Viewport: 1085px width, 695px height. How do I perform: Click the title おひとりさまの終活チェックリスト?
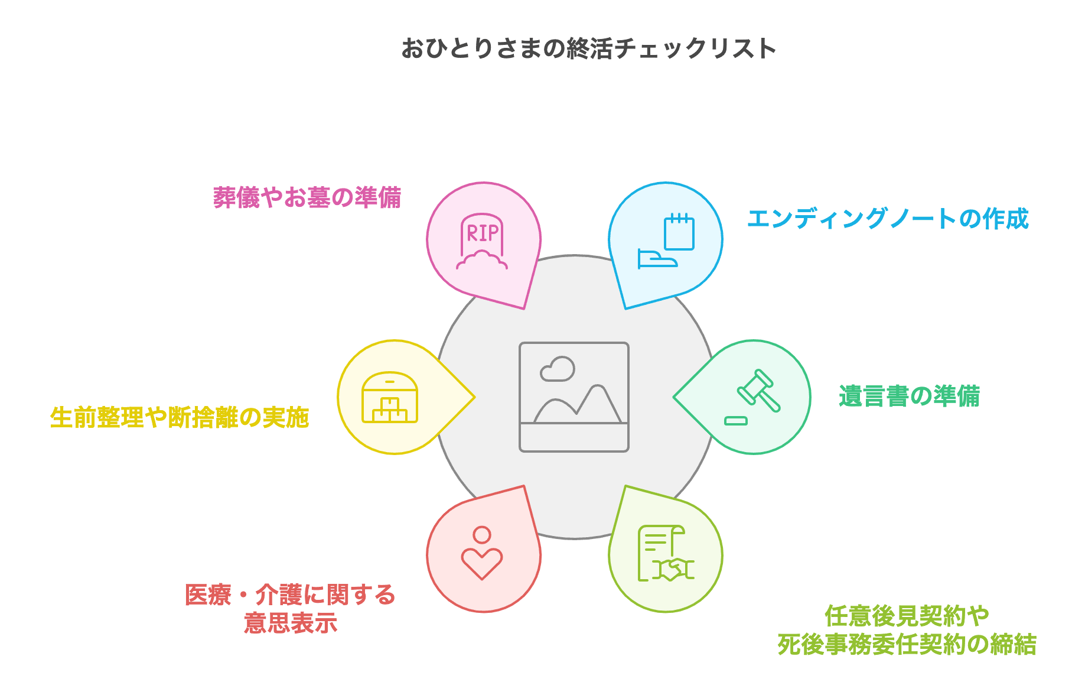point(588,48)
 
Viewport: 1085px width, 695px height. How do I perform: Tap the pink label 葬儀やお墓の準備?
point(307,197)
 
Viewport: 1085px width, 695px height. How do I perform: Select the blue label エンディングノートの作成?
point(888,219)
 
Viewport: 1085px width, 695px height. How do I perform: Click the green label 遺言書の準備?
point(909,396)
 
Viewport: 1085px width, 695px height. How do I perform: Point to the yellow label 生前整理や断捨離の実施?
point(180,418)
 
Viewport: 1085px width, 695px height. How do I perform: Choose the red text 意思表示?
point(291,623)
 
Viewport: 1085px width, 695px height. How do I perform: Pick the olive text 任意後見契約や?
point(907,616)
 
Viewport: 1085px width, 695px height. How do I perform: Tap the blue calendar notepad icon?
point(679,232)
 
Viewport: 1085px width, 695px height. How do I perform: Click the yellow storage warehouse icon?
point(390,398)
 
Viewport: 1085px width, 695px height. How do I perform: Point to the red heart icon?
point(482,563)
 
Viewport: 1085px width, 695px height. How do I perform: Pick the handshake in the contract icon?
point(673,569)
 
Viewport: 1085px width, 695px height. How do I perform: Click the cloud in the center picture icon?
point(558,369)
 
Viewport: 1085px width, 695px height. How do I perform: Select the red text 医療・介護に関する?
point(290,595)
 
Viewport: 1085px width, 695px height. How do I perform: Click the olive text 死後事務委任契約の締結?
point(907,644)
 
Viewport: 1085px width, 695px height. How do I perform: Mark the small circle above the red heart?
point(482,535)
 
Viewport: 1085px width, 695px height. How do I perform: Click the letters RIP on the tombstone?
point(483,233)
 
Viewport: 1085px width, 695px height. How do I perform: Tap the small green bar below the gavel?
point(736,421)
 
